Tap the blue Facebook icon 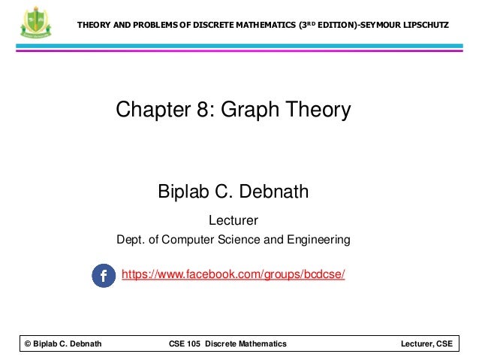coord(104,275)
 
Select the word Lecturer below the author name coord(233,221)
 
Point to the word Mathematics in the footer coord(261,343)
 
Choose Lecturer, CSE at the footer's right coord(427,343)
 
